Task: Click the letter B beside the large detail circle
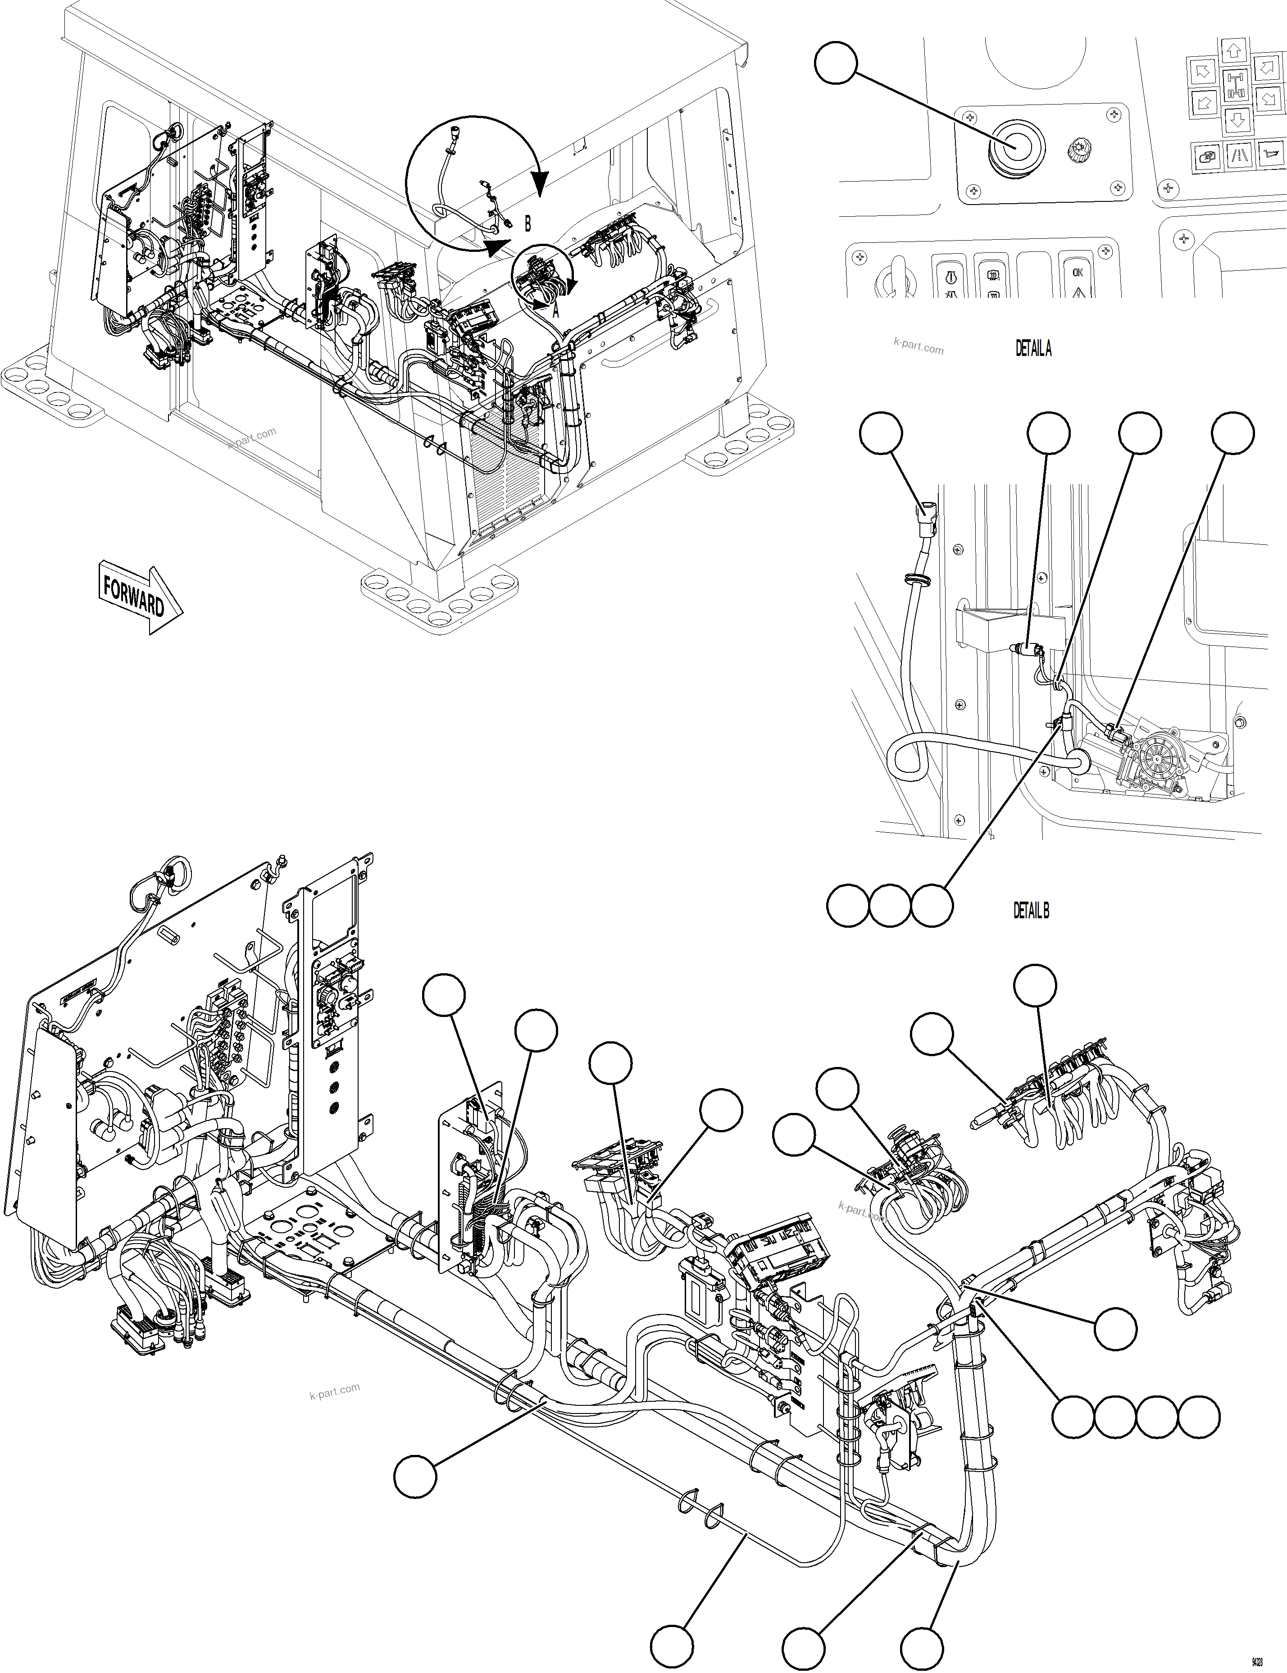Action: [527, 223]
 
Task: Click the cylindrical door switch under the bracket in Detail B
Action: [1027, 650]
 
